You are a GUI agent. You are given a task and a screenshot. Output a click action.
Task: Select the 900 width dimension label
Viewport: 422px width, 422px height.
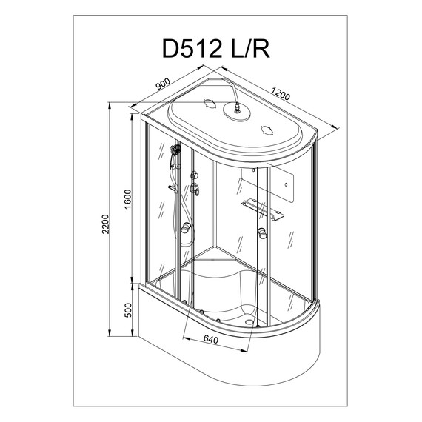click(x=164, y=85)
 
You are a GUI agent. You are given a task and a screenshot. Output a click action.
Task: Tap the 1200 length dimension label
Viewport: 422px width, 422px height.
click(x=280, y=95)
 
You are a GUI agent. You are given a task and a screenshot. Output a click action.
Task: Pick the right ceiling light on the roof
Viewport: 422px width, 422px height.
click(x=264, y=133)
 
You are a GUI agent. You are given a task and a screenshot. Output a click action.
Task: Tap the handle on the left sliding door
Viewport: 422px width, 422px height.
click(x=187, y=227)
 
